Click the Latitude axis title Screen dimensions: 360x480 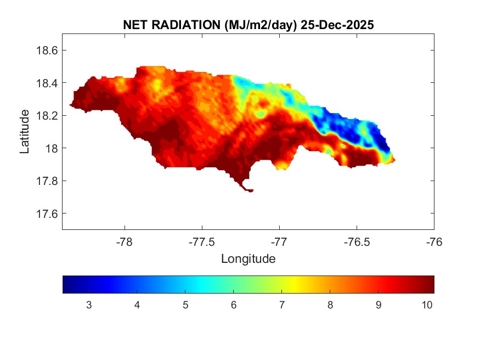[25, 131]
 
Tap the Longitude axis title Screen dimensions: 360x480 [248, 258]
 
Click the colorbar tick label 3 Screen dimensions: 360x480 [89, 305]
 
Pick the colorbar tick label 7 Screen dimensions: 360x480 [282, 305]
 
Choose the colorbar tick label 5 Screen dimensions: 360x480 [185, 305]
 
